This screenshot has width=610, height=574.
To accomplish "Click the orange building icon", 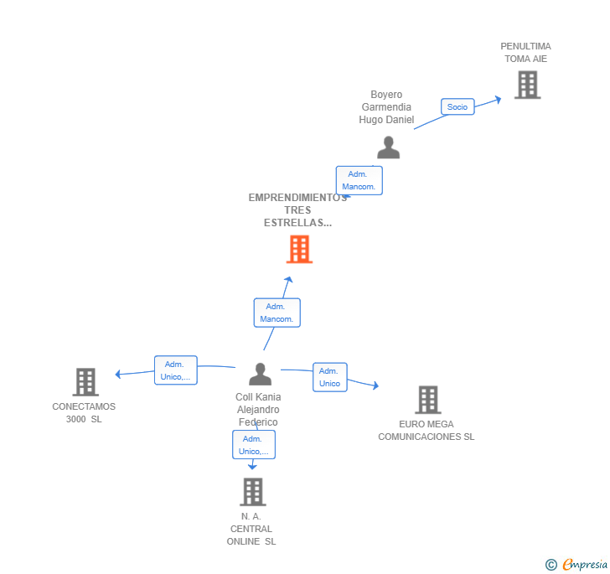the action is tap(299, 249).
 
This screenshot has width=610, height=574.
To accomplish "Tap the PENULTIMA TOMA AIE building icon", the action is tap(528, 85).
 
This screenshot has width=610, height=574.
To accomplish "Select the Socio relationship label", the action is tap(457, 106).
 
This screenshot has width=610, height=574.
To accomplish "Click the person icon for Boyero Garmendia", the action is tap(388, 147).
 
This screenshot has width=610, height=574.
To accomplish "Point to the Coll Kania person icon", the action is tap(261, 374).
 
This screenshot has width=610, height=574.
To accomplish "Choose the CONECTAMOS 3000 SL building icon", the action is tap(85, 382).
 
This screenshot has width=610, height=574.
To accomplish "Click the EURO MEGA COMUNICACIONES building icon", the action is tap(428, 400).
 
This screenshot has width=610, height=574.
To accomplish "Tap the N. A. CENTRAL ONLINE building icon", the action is tap(253, 492).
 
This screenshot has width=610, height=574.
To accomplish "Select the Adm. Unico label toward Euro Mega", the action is tap(330, 377).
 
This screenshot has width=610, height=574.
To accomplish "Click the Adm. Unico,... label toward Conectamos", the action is tap(176, 370).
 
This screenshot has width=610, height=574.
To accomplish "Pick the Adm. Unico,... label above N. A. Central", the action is tap(254, 444).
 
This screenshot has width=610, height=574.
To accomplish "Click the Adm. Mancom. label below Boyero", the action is tap(359, 180).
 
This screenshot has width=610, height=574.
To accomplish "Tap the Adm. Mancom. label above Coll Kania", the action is tap(277, 313).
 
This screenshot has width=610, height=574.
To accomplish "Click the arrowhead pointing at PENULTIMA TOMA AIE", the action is tap(498, 100).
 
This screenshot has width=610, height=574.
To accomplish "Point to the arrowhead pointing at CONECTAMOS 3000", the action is tap(118, 374).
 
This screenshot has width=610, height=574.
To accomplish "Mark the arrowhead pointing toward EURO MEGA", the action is tap(375, 385).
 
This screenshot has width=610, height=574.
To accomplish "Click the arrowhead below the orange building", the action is tap(288, 279).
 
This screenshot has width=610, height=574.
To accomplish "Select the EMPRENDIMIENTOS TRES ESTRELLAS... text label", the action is tap(297, 210).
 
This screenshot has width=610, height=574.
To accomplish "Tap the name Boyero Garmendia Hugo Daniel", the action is tap(386, 107).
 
